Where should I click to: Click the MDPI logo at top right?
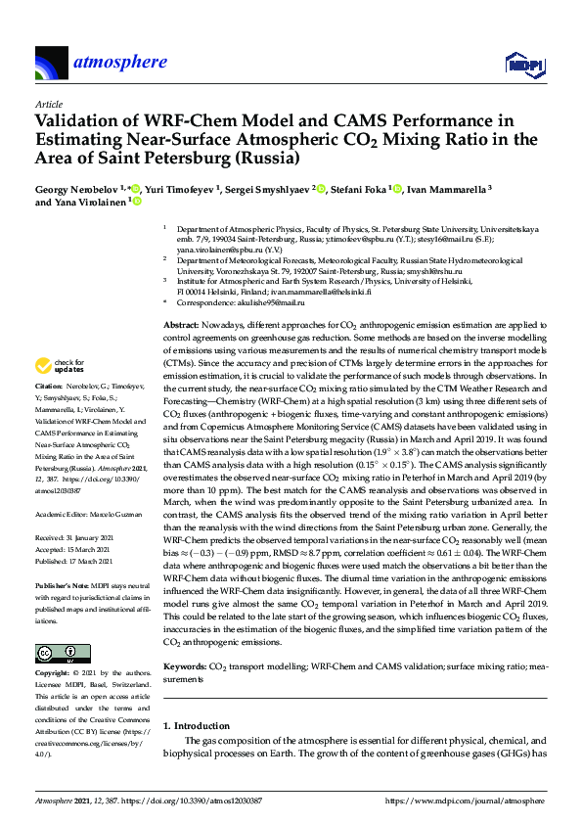[523, 65]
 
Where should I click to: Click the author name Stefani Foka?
[359, 188]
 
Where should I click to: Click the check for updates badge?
[59, 393]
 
